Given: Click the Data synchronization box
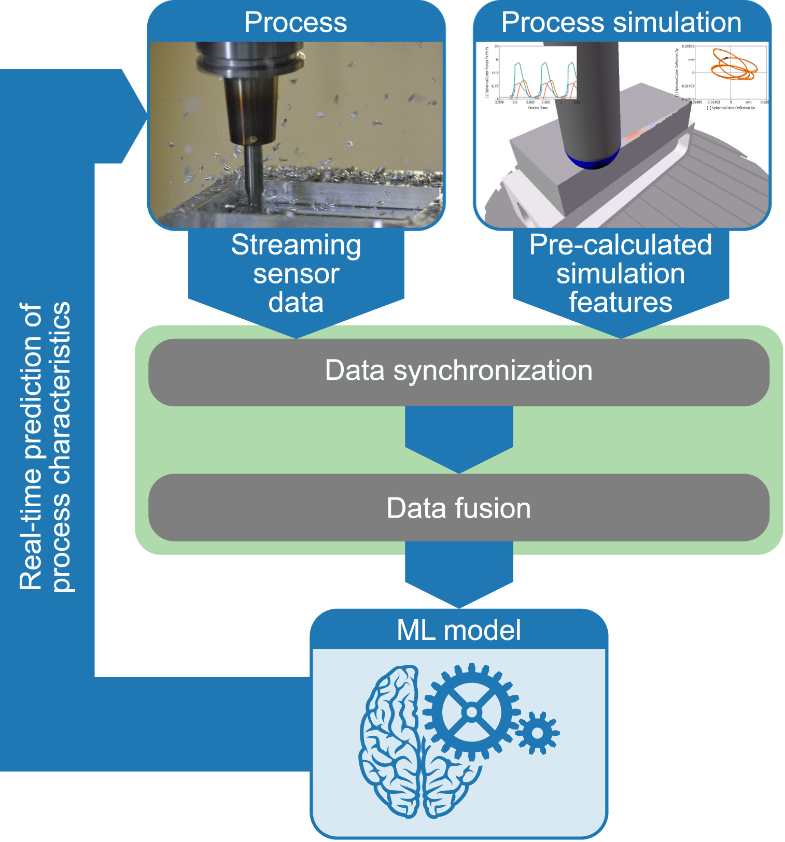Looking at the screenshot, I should click(x=458, y=372).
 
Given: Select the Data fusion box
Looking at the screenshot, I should click(x=458, y=508).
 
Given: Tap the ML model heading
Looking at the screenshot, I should click(x=458, y=630).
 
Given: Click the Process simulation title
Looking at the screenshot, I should click(x=621, y=23).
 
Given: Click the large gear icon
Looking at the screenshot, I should click(x=471, y=712).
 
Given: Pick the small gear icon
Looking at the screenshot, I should click(x=537, y=733).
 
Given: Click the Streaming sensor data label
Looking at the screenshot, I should click(x=296, y=274).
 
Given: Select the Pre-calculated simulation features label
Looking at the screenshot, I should click(x=621, y=274).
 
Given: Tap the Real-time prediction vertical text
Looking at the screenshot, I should click(x=45, y=446).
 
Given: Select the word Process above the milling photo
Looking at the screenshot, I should click(x=296, y=23).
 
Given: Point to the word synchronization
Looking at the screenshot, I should click(x=493, y=371).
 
